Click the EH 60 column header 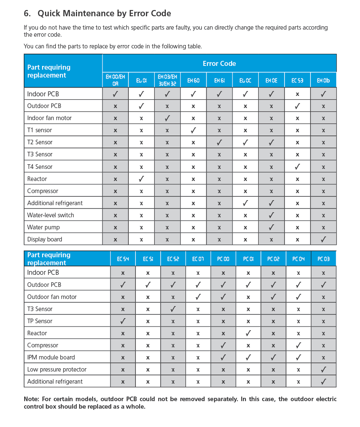pos(193,80)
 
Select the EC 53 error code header pos(297,80)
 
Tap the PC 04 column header pos(298,259)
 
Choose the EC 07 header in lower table pos(198,259)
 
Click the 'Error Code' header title pos(219,63)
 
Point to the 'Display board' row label pos(45,239)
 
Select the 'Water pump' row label pos(43,227)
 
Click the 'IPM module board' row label pos(51,357)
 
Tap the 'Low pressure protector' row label pos(57,369)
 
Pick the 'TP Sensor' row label pos(40,321)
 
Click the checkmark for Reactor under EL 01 pos(141,178)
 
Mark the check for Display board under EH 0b pos(323,239)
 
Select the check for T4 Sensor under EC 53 pos(297,166)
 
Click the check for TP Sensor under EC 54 pos(123,321)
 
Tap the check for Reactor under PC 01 pos(248,333)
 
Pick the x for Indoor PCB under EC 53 pos(297,94)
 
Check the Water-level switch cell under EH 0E pos(271,215)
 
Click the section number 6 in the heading pos(27,13)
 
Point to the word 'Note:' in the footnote pos(32,399)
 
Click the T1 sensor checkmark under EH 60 pos(193,130)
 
